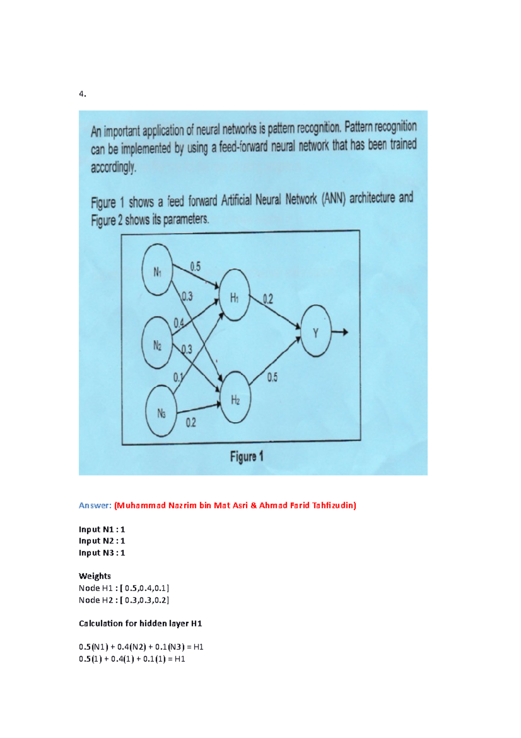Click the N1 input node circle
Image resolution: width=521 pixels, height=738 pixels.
157,270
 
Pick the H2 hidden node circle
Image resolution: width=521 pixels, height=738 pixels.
235,397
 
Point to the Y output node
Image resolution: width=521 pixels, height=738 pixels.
316,331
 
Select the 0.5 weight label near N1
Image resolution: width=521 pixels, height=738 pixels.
195,266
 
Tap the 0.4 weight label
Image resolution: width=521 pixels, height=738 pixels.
178,323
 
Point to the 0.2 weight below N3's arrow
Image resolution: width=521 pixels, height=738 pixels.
191,422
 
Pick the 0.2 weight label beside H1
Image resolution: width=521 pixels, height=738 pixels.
268,299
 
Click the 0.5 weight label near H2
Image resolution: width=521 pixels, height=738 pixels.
272,377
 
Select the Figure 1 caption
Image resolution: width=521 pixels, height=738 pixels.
247,457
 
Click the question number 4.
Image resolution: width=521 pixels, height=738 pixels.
82,94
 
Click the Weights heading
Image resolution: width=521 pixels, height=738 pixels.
95,576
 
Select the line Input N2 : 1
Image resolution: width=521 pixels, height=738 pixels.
102,541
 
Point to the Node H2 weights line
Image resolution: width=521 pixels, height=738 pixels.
124,600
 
